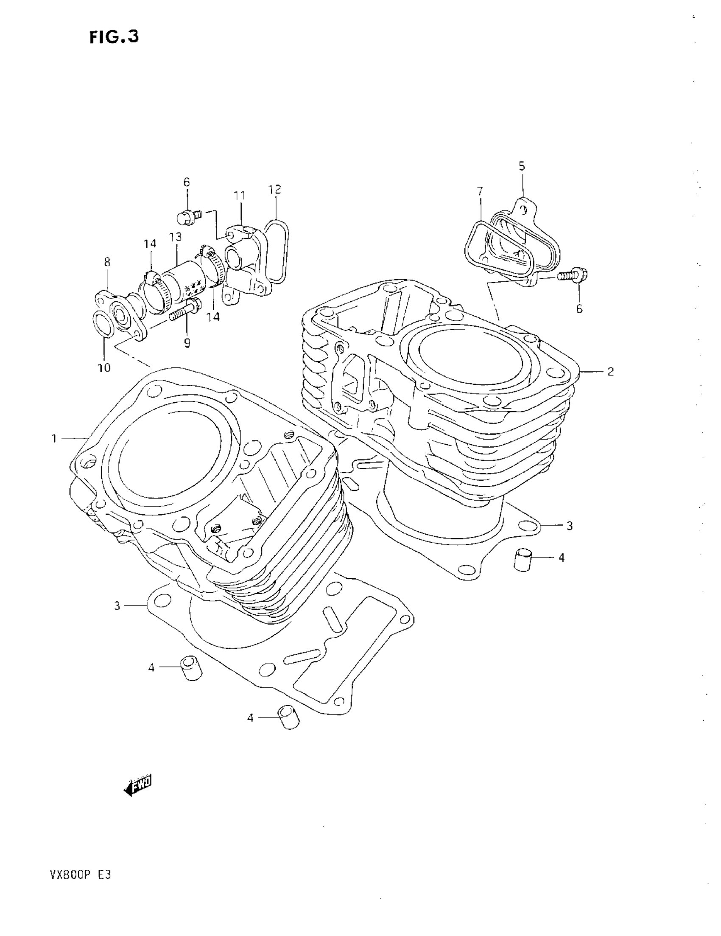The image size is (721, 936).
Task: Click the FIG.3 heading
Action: (x=115, y=37)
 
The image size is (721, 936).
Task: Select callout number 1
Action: (x=54, y=438)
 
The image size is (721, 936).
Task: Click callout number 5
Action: (x=521, y=166)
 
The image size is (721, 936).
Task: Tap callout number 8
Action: (x=107, y=261)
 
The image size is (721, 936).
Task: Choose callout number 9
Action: (x=187, y=343)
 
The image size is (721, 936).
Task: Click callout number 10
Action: (x=104, y=367)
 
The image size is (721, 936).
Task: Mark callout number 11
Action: (x=239, y=196)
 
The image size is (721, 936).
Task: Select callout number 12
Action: (x=275, y=189)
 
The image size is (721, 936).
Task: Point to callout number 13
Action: (x=175, y=237)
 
